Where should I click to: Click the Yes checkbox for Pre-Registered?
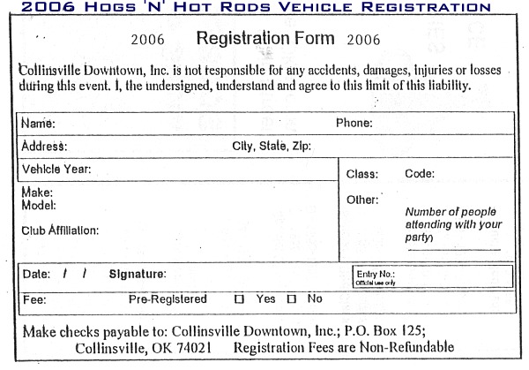click(239, 299)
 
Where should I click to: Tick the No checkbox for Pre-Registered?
click(291, 299)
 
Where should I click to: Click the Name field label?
click(38, 124)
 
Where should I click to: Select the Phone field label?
click(354, 123)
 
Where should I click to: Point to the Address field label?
click(44, 147)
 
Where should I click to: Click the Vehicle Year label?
click(56, 169)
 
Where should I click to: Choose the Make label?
click(37, 193)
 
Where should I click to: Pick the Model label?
click(38, 205)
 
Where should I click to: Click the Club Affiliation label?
click(60, 230)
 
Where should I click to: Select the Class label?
click(361, 175)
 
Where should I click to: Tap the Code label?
click(420, 175)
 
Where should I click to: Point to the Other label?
click(362, 200)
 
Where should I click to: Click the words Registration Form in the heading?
click(265, 39)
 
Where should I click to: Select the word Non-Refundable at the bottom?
click(413, 347)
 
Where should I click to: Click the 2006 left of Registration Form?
click(147, 41)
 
